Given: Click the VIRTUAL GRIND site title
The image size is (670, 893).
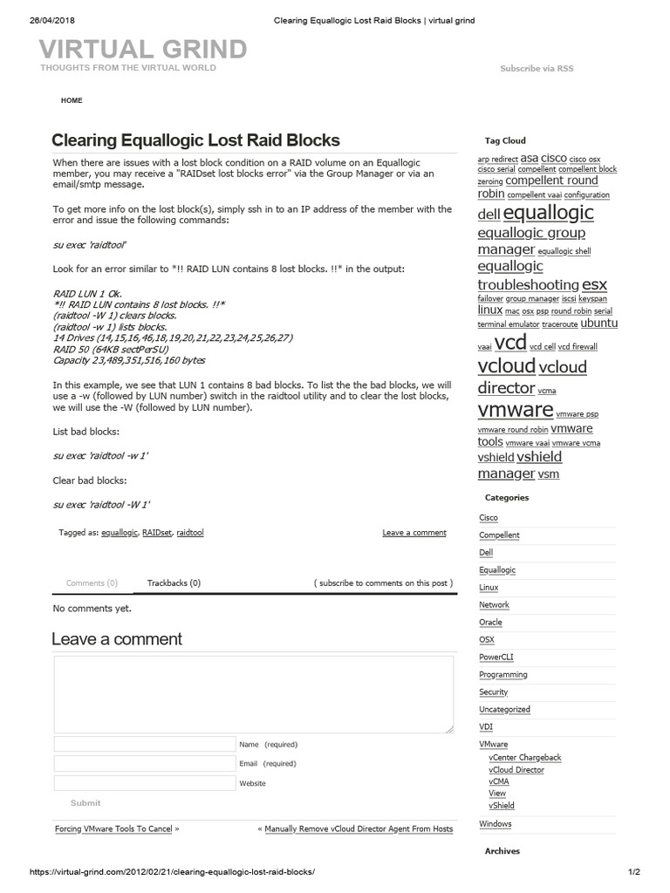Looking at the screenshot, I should [144, 49].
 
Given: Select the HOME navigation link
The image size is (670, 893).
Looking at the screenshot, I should [72, 100].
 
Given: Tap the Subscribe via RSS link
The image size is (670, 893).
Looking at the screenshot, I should [537, 68].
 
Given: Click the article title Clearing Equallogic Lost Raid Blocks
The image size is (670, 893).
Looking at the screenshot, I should [195, 140].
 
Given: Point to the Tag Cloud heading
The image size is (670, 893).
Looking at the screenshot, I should [505, 140].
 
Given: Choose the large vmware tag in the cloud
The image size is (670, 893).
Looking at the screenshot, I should [516, 409].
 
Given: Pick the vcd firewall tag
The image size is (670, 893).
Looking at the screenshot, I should [578, 346].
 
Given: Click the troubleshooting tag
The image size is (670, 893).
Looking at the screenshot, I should [528, 284].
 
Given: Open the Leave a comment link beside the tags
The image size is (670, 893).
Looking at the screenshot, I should [414, 532].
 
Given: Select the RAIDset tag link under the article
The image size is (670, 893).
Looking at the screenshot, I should [157, 532].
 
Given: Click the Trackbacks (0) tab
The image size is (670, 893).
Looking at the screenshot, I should [174, 583].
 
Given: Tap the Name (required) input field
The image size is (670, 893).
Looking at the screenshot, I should [144, 744].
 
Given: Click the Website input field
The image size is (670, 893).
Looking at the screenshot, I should [144, 783].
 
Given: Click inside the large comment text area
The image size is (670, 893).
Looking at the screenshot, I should [253, 693].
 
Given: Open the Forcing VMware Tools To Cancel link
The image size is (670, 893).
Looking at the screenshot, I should [113, 828].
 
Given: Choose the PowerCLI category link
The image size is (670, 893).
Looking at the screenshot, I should [496, 657].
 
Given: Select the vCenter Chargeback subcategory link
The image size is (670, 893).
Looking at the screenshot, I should [525, 758].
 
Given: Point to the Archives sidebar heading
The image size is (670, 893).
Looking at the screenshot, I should [502, 851].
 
